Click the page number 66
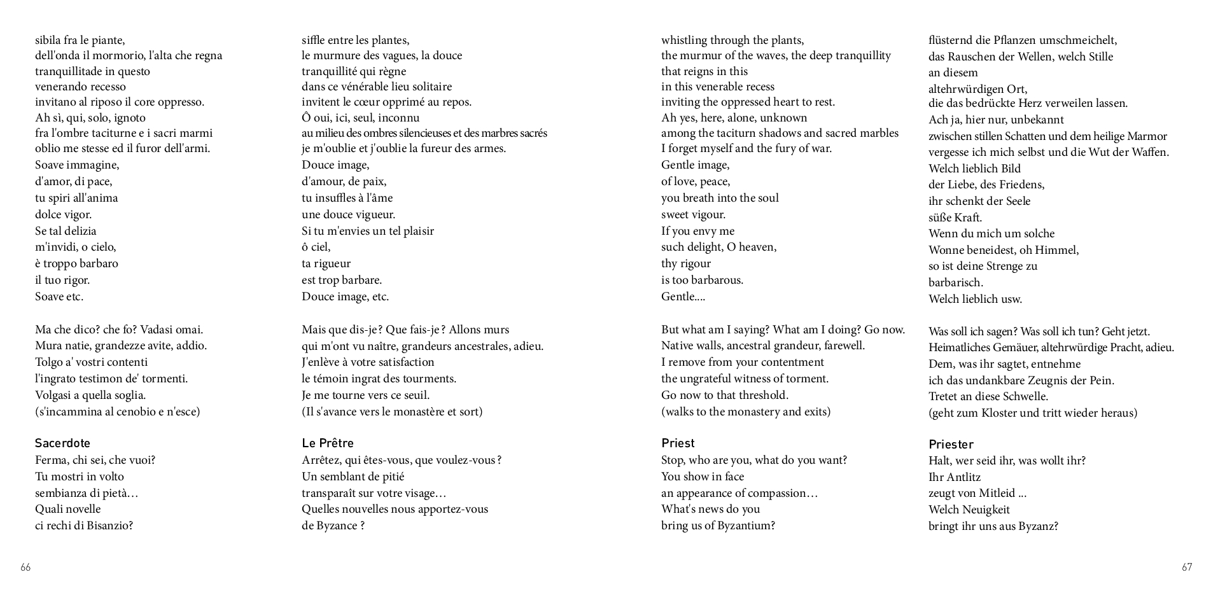tap(25, 567)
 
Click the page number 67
tap(1186, 567)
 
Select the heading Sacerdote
tap(62, 443)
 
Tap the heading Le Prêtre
tap(327, 443)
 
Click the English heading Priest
tap(678, 443)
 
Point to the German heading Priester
tap(951, 445)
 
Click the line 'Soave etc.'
tap(59, 296)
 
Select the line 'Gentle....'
tap(683, 296)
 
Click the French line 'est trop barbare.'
tap(342, 280)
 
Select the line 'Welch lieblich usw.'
tap(975, 299)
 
